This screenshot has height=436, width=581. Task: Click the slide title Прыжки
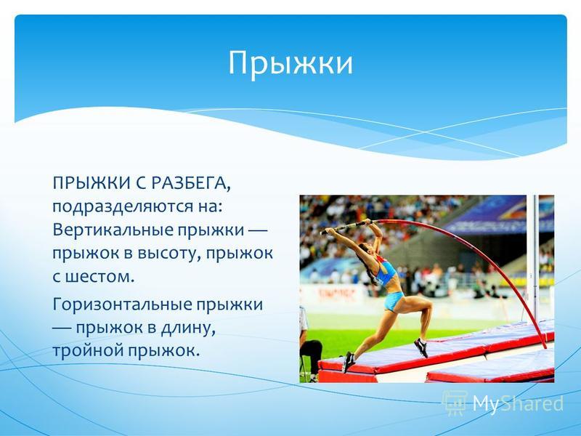(x=290, y=64)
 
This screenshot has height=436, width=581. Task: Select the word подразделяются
(x=121, y=207)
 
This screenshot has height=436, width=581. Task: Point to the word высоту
(x=169, y=253)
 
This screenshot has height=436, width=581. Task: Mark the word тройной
(x=88, y=350)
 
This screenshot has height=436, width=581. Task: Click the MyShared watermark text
(x=518, y=403)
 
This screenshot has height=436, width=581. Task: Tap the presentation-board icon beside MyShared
(x=455, y=403)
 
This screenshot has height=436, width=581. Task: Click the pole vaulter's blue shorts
(x=394, y=301)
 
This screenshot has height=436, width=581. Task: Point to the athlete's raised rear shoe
(x=421, y=348)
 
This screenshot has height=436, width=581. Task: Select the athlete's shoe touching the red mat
(x=349, y=362)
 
